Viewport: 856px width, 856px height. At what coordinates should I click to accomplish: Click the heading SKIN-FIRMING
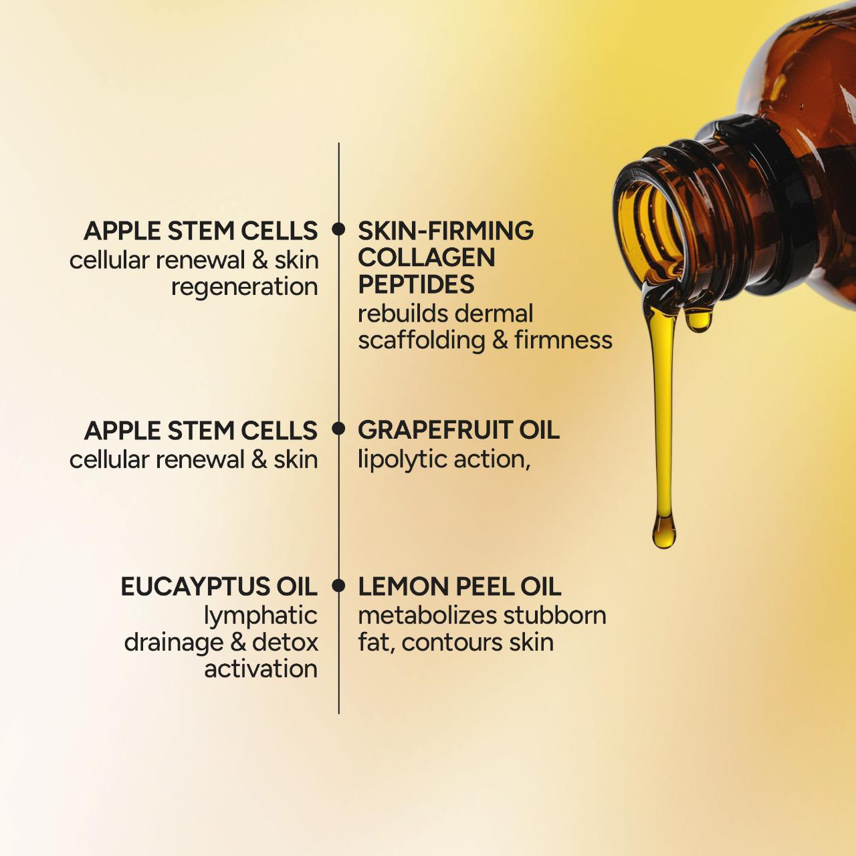(x=445, y=231)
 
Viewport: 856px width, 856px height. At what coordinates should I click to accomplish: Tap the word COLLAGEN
(x=426, y=257)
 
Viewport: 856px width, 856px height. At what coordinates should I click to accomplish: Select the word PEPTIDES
(x=416, y=285)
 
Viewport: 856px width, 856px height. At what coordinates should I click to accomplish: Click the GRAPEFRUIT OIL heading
(x=458, y=430)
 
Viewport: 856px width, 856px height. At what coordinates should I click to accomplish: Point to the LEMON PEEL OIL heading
(x=459, y=586)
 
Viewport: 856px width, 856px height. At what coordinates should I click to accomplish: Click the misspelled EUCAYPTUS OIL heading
(x=219, y=586)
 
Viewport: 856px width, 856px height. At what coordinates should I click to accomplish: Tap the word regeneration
(x=244, y=287)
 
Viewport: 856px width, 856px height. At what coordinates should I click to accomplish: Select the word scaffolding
(x=421, y=340)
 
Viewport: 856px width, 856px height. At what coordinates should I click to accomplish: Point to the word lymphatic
(x=261, y=616)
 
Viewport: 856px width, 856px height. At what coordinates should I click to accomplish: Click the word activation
(x=261, y=669)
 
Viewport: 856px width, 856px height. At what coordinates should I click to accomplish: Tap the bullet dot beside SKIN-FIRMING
(x=339, y=229)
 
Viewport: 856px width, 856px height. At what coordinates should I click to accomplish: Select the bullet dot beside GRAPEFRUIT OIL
(x=339, y=428)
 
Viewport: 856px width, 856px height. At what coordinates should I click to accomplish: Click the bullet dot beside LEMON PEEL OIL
(x=339, y=586)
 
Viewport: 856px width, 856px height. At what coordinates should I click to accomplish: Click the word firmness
(x=563, y=340)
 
